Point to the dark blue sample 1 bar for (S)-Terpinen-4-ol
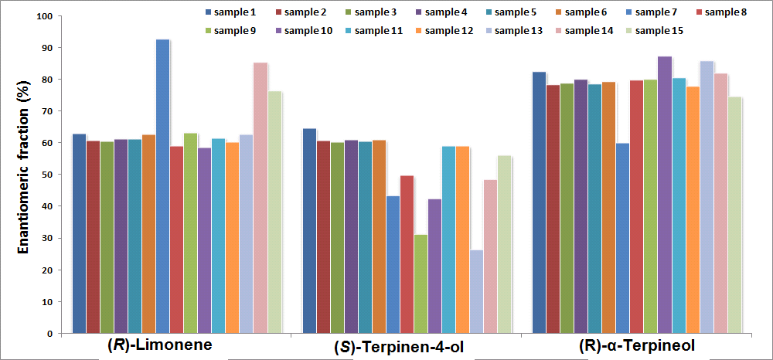pos(309,231)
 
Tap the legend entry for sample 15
pos(652,30)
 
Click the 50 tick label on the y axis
pos(48,175)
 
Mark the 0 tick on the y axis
pos(51,334)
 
